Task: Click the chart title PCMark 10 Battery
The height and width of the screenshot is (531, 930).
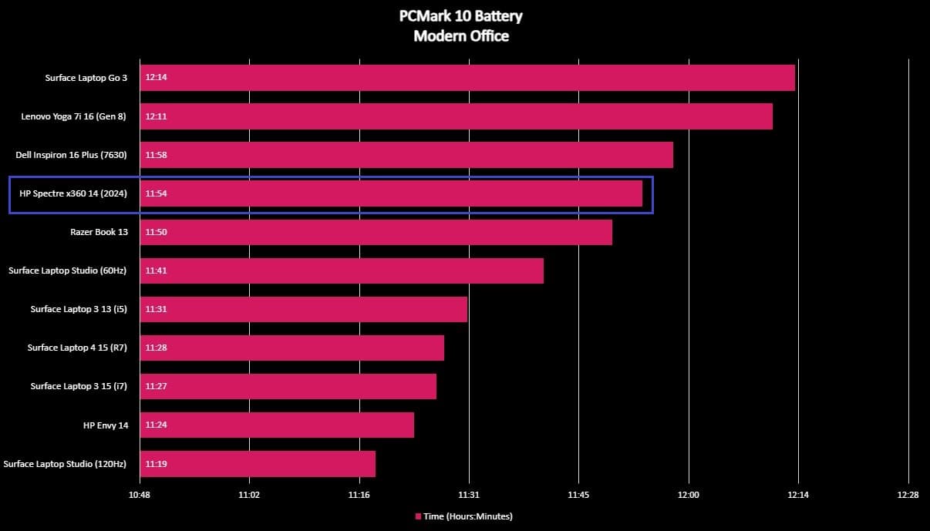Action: tap(461, 16)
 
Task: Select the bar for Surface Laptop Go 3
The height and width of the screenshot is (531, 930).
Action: tap(467, 78)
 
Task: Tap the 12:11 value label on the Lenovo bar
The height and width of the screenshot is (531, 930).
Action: tap(156, 116)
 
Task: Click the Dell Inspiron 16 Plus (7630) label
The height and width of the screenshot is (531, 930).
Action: tap(71, 155)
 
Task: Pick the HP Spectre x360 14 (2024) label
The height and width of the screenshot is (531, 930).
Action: tap(73, 193)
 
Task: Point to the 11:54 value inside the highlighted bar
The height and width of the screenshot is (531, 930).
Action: tap(156, 193)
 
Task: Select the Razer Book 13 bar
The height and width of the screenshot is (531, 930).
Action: tap(376, 232)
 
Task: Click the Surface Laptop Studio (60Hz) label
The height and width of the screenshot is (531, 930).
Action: tap(67, 271)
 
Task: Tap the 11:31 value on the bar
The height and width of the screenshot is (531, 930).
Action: tap(156, 309)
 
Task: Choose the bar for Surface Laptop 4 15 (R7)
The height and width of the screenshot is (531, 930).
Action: tap(291, 348)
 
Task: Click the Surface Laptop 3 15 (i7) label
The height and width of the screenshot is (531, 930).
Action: tap(79, 386)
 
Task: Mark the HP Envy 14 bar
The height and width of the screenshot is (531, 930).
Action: tap(277, 425)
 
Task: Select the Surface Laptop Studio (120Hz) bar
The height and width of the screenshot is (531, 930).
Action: tap(258, 464)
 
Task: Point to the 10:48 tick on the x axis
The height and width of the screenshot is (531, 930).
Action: tap(140, 495)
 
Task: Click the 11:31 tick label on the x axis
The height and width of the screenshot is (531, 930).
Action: tap(469, 495)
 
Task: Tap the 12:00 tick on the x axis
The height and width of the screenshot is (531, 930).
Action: tap(689, 495)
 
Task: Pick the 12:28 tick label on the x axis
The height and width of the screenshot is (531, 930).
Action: tap(908, 495)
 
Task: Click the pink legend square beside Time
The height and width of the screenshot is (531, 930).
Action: tap(419, 516)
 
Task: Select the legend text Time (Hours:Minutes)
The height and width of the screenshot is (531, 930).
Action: tap(468, 516)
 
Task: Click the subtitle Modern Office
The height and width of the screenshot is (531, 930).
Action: tap(461, 35)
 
